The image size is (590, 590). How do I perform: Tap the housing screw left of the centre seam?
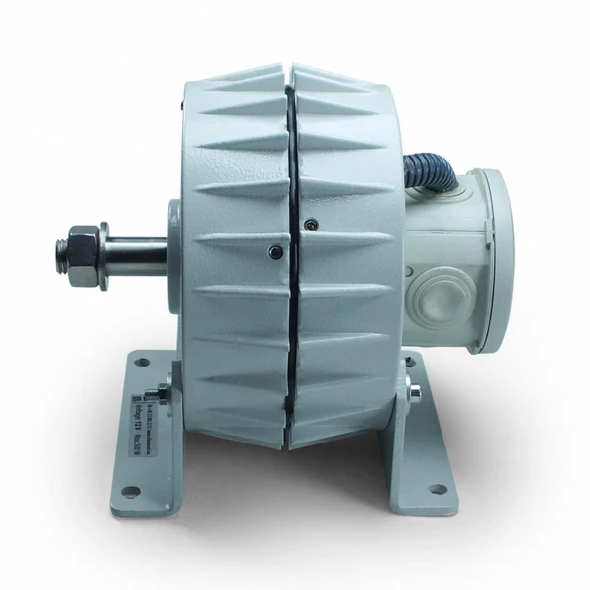(272, 251)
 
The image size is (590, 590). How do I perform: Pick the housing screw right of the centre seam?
(313, 223)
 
